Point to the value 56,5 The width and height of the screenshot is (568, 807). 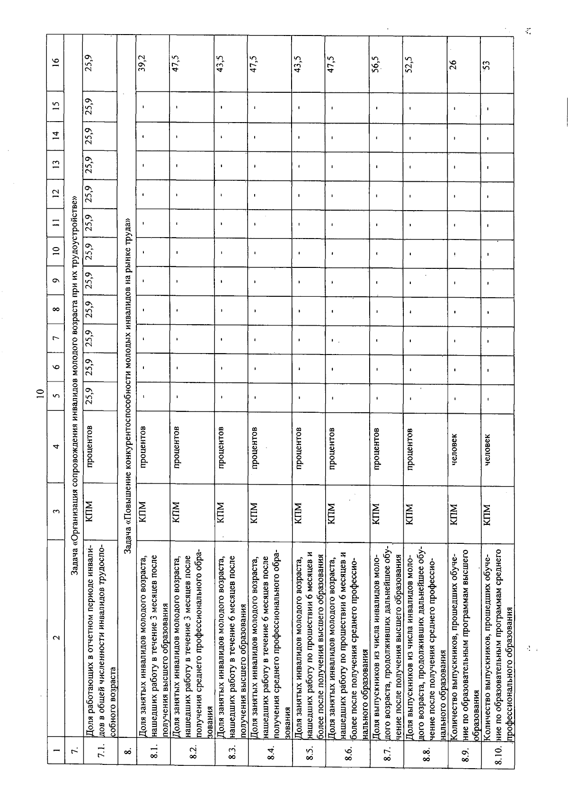[x=376, y=62]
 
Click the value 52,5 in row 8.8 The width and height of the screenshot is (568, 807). [x=410, y=62]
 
